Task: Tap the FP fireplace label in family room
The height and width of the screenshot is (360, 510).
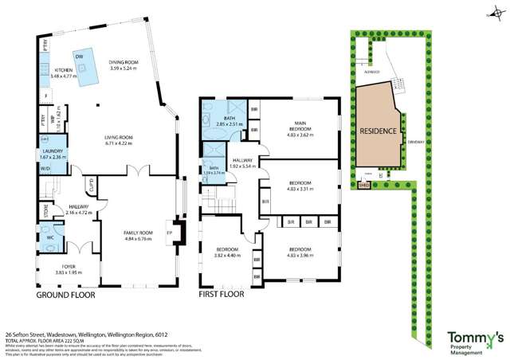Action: click(x=168, y=233)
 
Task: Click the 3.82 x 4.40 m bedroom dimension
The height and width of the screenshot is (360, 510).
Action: click(x=229, y=255)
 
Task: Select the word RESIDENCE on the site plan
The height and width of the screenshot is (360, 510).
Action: click(x=379, y=131)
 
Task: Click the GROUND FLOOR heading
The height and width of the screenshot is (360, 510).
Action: click(x=65, y=295)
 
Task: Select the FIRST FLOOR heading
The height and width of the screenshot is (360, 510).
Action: click(x=222, y=295)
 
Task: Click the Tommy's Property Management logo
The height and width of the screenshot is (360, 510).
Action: click(x=475, y=341)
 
